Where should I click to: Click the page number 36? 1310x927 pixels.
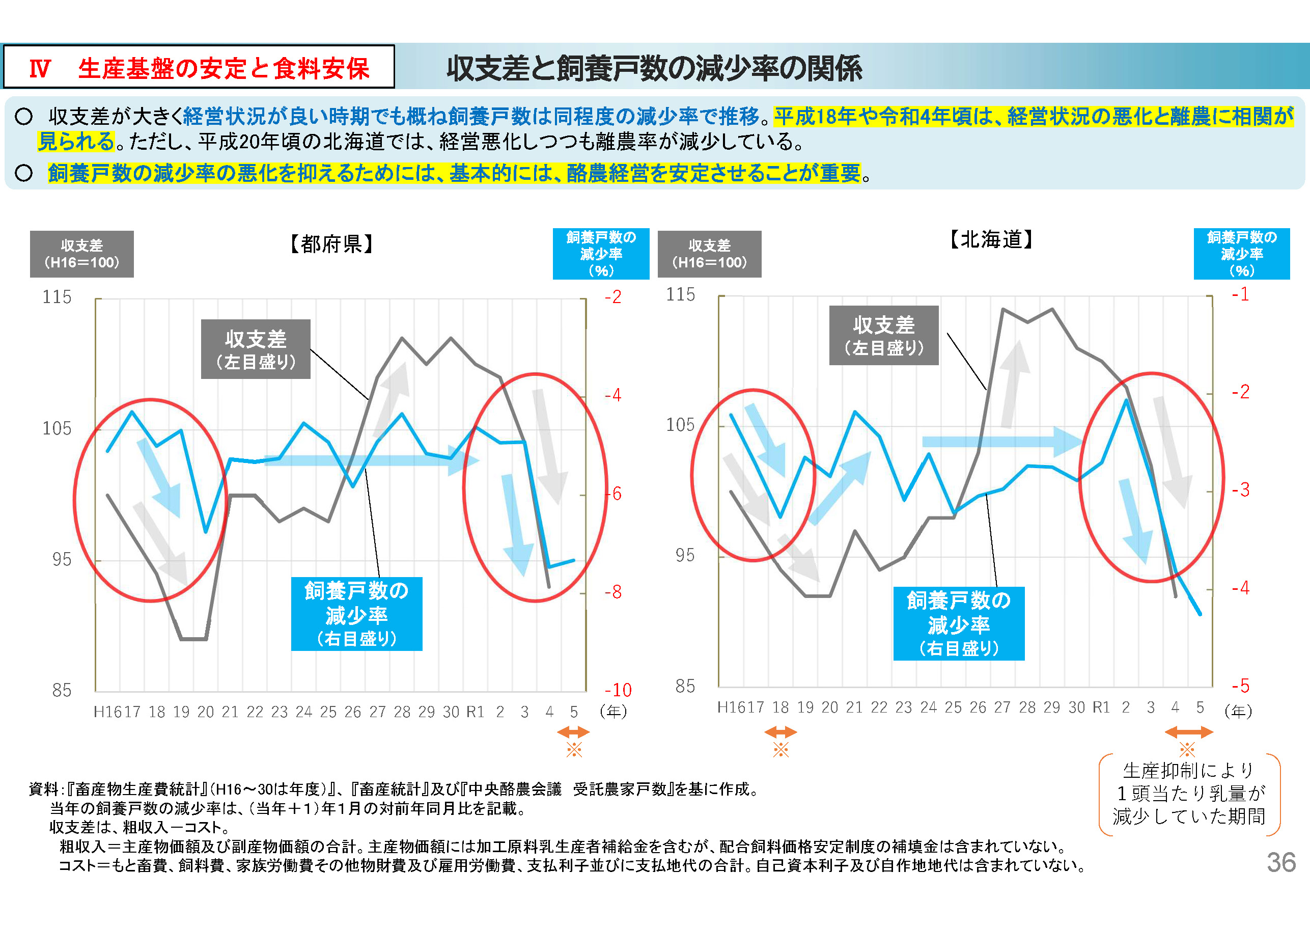click(x=1280, y=862)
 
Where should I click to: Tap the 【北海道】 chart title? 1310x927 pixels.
click(x=991, y=240)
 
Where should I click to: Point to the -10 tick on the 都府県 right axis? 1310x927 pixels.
click(x=618, y=690)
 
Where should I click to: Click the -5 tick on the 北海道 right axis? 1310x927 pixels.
click(x=1240, y=686)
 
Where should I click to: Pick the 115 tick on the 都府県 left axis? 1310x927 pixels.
click(x=57, y=297)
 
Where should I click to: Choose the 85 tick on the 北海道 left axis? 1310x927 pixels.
click(x=685, y=686)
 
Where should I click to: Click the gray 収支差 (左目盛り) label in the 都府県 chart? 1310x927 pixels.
click(x=256, y=349)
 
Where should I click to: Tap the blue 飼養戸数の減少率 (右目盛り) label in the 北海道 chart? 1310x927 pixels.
click(x=959, y=623)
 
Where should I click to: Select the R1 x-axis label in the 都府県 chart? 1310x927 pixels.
click(x=475, y=712)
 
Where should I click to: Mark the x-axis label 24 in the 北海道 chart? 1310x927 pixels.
click(x=928, y=708)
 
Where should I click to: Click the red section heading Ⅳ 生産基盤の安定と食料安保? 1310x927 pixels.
click(x=199, y=68)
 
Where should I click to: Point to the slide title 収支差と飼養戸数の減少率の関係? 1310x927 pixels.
click(x=654, y=68)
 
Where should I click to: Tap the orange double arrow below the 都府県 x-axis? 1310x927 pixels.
click(x=573, y=732)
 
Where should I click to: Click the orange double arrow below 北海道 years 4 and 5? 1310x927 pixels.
click(x=1188, y=732)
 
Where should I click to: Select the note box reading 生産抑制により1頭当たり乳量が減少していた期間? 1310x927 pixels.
click(x=1189, y=794)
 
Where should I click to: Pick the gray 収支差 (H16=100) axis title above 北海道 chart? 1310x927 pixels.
click(x=709, y=254)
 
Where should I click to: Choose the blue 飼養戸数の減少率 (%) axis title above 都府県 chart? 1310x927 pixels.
click(x=601, y=254)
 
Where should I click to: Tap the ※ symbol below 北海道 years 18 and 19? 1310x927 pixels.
click(x=781, y=749)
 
